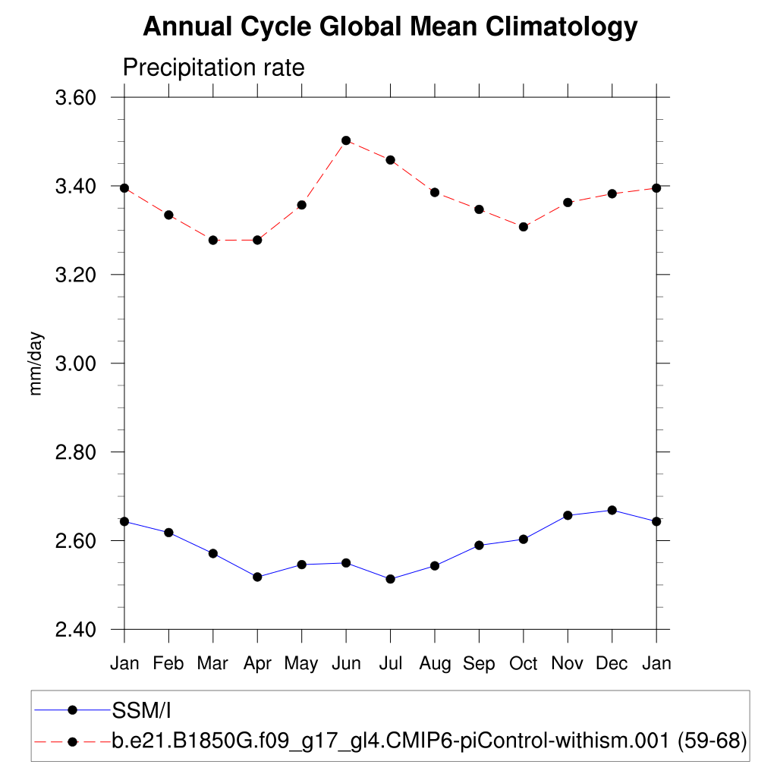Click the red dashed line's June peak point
click(x=346, y=140)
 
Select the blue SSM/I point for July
click(x=390, y=579)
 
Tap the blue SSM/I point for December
click(x=612, y=510)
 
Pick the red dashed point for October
click(x=524, y=227)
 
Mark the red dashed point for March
click(x=213, y=240)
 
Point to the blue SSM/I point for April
click(x=257, y=577)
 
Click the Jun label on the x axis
click(x=346, y=664)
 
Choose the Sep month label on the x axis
click(x=479, y=664)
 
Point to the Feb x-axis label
click(x=168, y=664)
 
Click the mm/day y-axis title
click(x=36, y=363)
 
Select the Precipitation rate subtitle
click(x=213, y=68)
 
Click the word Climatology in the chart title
click(x=561, y=27)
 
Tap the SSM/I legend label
click(x=140, y=710)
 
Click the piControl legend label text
click(x=429, y=741)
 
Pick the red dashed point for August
click(x=435, y=192)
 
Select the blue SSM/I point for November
click(x=568, y=515)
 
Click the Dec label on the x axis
click(x=612, y=664)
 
